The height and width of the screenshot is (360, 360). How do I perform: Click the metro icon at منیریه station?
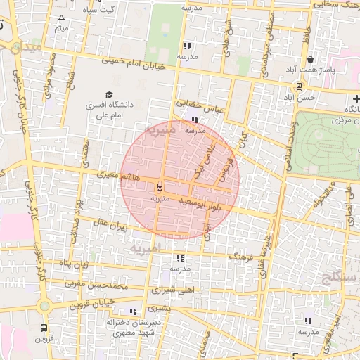160,187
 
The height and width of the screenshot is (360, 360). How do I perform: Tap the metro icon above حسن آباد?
300,86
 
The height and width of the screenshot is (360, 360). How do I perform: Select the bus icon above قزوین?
44,328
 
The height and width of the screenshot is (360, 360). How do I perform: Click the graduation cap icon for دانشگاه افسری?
109,94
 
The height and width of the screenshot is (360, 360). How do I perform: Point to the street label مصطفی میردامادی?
264,54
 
